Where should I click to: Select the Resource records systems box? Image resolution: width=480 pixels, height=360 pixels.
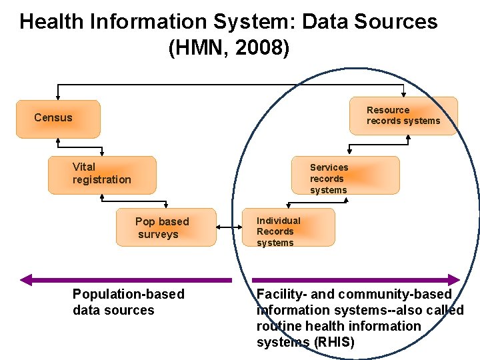(403, 116)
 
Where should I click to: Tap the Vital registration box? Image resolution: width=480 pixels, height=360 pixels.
(102, 175)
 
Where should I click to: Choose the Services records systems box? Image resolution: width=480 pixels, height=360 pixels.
(345, 175)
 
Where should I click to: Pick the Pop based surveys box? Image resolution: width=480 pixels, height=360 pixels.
(167, 228)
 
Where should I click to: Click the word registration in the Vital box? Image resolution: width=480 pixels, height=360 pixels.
(102, 180)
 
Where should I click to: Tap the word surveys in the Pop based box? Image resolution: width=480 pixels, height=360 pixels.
(159, 235)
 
